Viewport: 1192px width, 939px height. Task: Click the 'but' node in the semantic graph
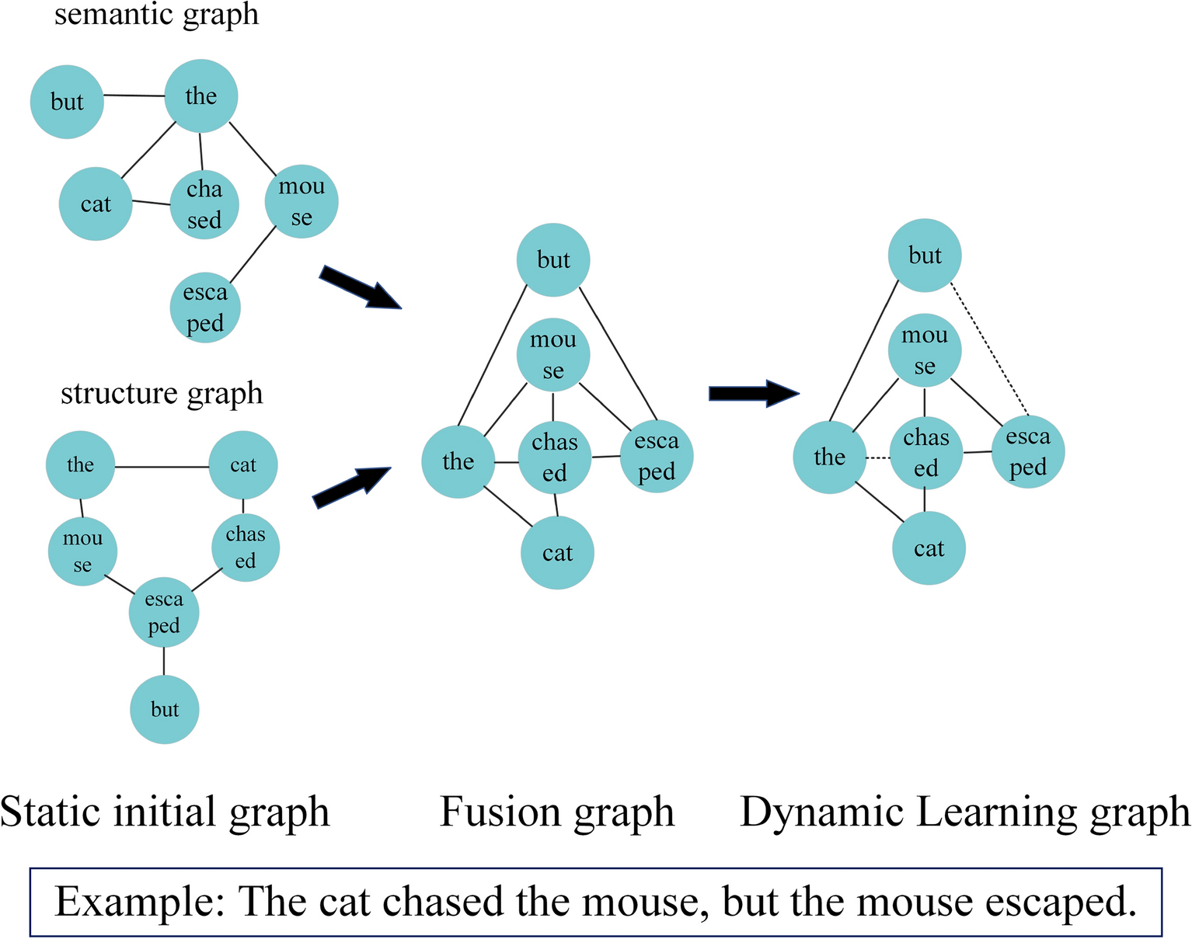(x=67, y=102)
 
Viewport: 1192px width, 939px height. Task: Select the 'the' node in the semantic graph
(x=201, y=96)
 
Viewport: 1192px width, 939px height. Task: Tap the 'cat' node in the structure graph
(x=243, y=465)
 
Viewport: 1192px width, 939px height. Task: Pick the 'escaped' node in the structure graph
(x=164, y=612)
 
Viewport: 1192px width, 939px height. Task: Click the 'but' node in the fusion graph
(x=553, y=259)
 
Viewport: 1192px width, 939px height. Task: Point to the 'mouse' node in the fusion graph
(x=553, y=355)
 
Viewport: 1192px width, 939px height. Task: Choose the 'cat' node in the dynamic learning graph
(x=929, y=549)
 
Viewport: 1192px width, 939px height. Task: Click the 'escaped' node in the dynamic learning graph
(x=1027, y=452)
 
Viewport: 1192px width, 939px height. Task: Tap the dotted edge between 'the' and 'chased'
(x=878, y=458)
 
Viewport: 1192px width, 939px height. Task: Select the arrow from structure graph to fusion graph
(x=351, y=487)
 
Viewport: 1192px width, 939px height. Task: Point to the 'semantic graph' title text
(x=155, y=14)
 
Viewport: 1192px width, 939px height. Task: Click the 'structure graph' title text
(x=162, y=393)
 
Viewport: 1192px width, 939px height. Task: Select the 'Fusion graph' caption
(x=556, y=812)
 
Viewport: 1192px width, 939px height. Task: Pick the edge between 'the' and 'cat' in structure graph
(x=162, y=467)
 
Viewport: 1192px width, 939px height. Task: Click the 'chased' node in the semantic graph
(x=204, y=204)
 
